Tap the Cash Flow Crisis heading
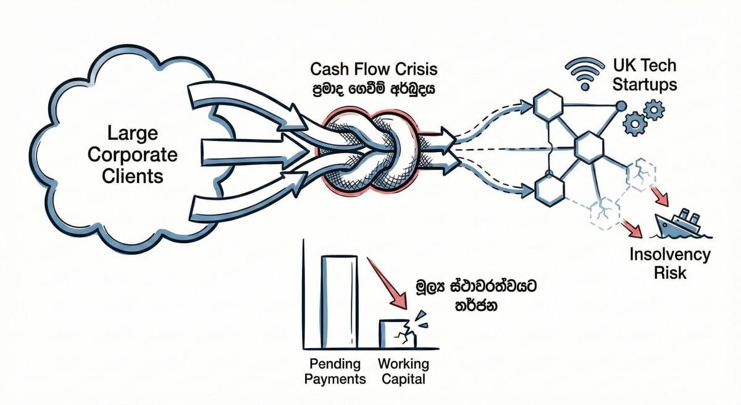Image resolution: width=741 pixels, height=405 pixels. (375, 68)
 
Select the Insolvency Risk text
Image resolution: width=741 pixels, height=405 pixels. (669, 263)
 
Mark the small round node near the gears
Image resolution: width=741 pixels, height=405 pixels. (620, 106)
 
